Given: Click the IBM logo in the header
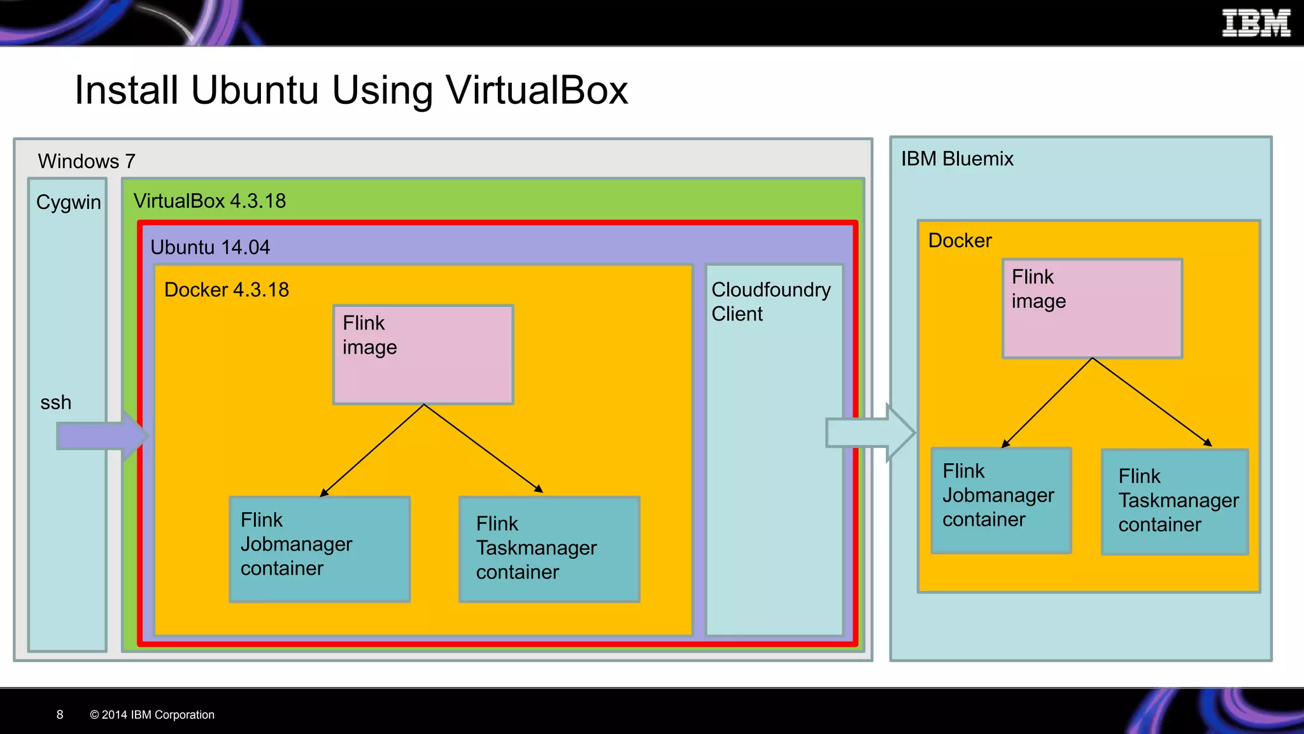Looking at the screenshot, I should [x=1256, y=23].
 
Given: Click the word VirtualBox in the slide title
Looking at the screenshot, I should [x=537, y=90].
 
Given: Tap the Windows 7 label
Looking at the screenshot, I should [x=86, y=161].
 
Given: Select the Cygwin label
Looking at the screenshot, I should [x=68, y=202].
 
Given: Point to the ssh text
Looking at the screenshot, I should [x=55, y=403].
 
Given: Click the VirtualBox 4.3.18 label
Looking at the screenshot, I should [x=209, y=201].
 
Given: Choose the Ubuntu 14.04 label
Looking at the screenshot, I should [x=209, y=247].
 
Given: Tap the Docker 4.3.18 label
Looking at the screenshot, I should [x=226, y=290].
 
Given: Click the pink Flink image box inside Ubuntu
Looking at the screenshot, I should [x=423, y=355].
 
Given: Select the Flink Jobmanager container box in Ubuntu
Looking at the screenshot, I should [x=320, y=549].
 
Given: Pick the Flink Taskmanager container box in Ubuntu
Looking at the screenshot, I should [x=549, y=549].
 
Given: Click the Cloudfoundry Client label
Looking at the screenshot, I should [x=770, y=301].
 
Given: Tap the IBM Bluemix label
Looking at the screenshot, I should [x=956, y=159].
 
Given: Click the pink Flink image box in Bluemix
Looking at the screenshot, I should [x=1092, y=308].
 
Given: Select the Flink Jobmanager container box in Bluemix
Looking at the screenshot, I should [x=1000, y=500].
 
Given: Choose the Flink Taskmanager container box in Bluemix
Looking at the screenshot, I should [x=1174, y=501].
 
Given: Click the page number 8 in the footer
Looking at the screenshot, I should [x=60, y=715].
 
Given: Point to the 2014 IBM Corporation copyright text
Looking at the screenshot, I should [x=152, y=715].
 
